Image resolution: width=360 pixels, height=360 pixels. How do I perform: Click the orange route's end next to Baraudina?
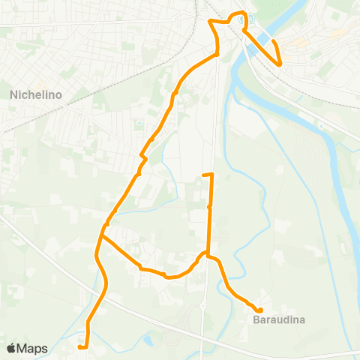point(259,310)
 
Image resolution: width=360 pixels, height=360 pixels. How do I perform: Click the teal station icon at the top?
point(251,19)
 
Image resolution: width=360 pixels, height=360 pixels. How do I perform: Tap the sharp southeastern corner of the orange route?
point(280,65)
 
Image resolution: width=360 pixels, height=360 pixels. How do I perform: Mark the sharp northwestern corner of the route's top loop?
point(210,21)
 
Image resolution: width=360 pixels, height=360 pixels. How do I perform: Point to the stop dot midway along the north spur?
point(209,206)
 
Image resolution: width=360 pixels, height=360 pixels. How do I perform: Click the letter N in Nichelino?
point(13,95)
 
